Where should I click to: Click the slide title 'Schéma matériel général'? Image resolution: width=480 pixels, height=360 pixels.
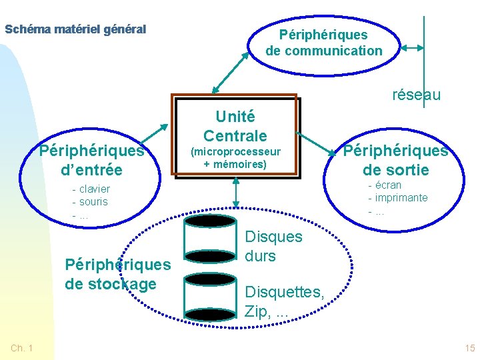[x=75, y=29]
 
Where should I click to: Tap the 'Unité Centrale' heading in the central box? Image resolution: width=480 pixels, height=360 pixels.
[x=235, y=126]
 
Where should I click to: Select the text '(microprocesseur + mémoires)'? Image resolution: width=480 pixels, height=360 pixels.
[x=235, y=158]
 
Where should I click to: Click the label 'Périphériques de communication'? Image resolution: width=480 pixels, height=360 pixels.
[x=323, y=42]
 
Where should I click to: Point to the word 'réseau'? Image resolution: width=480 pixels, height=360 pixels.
[x=416, y=95]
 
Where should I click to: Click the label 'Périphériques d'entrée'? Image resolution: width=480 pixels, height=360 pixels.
[x=91, y=160]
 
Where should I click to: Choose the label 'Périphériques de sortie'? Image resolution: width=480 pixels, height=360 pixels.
[x=395, y=160]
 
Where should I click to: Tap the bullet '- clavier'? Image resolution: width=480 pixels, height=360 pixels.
[x=91, y=189]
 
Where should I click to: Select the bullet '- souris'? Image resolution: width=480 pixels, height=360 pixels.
[x=90, y=201]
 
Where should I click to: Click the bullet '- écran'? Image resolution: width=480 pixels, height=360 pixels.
[x=385, y=185]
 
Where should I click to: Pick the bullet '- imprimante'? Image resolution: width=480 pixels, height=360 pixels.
[x=398, y=198]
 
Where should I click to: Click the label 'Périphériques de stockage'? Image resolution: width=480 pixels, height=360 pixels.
[x=117, y=274]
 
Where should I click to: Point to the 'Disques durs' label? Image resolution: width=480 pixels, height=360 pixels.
[x=273, y=246]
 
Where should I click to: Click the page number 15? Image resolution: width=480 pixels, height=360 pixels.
[x=469, y=348]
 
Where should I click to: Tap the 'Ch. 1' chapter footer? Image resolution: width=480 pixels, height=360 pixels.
[x=23, y=348]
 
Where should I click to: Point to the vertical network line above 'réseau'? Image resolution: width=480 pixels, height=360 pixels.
[x=423, y=47]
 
